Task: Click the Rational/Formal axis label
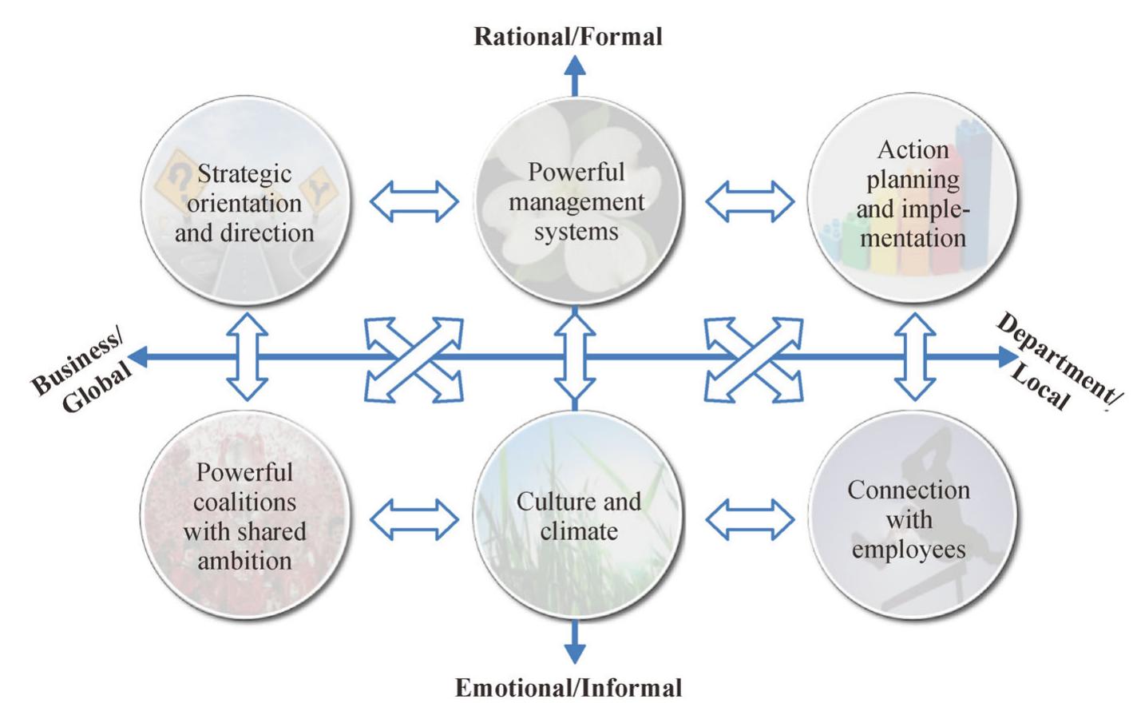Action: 568,36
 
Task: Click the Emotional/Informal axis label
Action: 568,688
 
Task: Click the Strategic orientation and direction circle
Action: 245,201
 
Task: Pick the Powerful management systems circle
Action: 576,201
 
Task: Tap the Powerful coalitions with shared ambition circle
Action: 245,515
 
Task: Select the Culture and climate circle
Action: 576,515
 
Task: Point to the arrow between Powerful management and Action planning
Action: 749,201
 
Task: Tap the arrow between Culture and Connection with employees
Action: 749,520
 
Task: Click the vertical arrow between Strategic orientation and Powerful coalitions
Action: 248,356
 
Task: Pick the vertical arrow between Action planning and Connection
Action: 914,356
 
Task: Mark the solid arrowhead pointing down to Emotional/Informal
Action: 575,652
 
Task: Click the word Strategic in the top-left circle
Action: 244,173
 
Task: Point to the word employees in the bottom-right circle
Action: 909,550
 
